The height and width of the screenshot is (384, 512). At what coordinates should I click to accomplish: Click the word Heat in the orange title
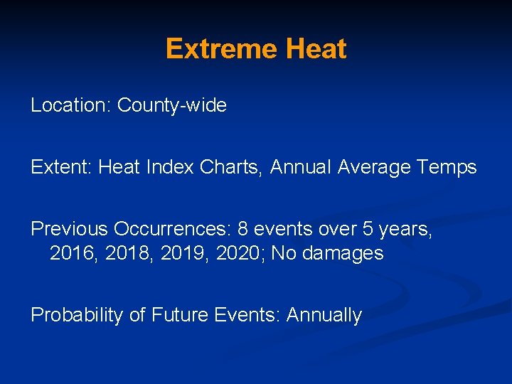[316, 49]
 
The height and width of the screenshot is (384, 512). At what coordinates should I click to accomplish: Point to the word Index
[170, 168]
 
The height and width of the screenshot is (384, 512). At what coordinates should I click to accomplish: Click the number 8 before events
[243, 229]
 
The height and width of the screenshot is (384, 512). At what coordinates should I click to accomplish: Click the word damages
[343, 254]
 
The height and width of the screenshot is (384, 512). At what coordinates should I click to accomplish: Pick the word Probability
[77, 315]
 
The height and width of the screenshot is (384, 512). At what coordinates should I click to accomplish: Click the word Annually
[324, 315]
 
